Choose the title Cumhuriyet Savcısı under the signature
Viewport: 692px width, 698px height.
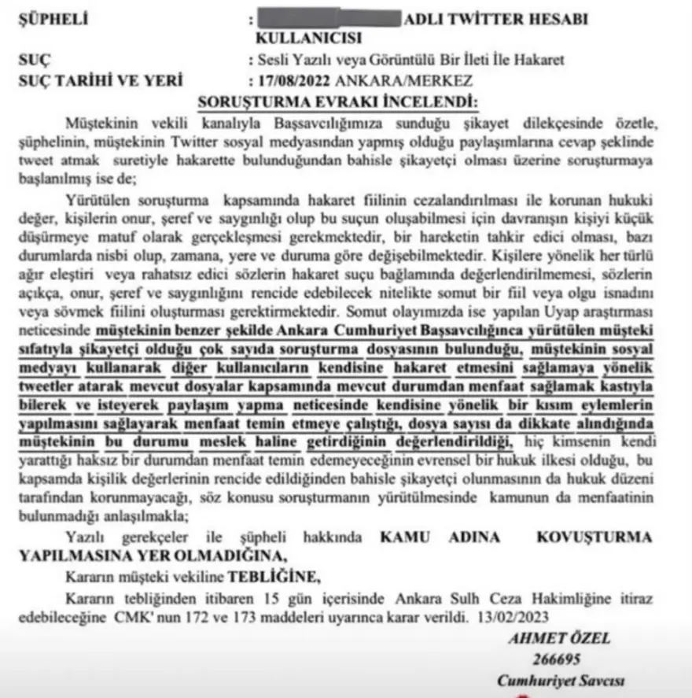tap(561, 681)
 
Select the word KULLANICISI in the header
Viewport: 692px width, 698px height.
tap(309, 38)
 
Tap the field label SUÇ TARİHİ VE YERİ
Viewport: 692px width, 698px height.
tap(100, 80)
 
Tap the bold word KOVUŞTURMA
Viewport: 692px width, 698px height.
tap(594, 537)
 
